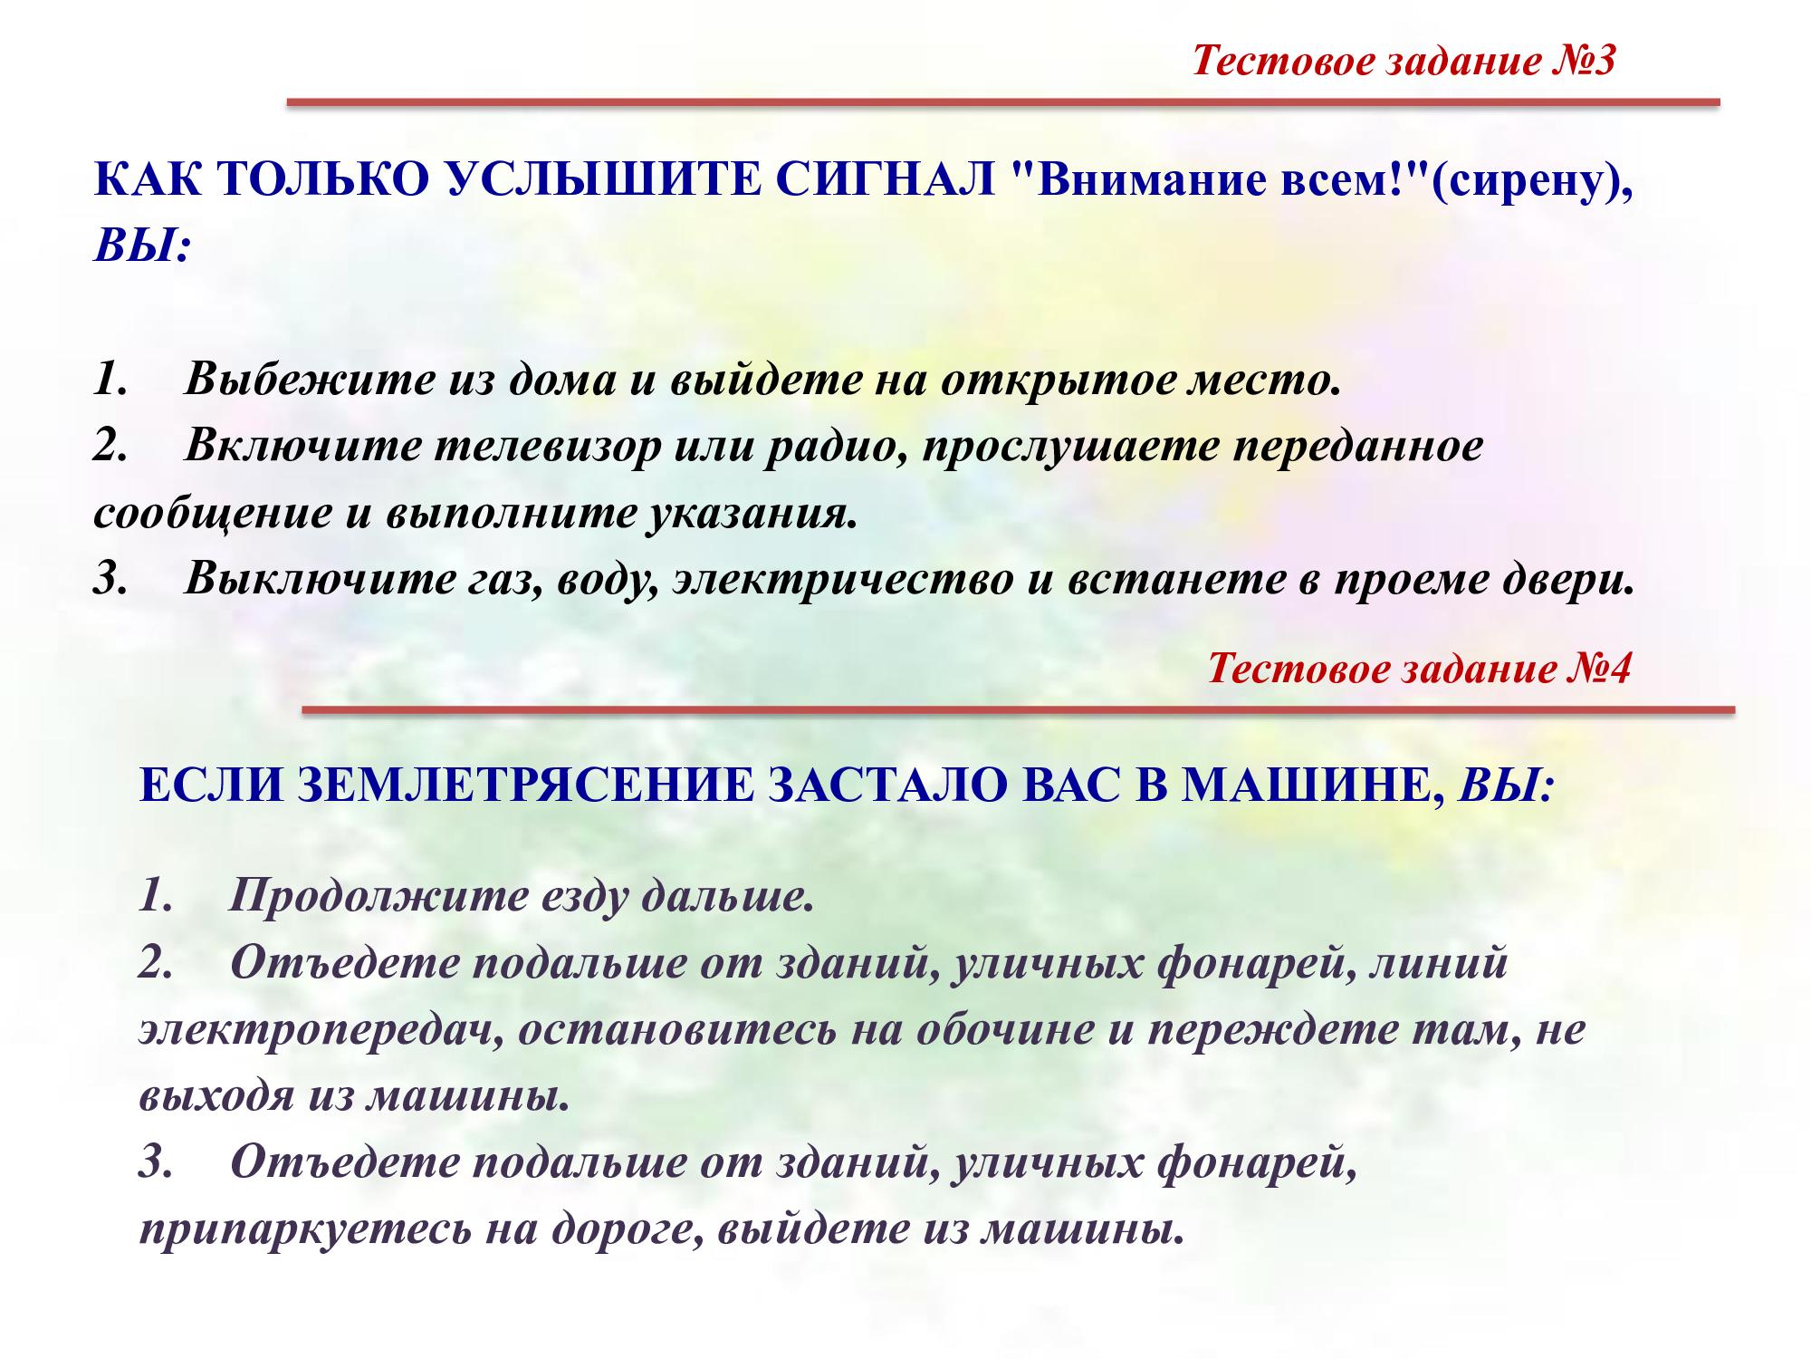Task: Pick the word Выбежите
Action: pos(311,380)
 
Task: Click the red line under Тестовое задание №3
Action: pos(1003,102)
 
